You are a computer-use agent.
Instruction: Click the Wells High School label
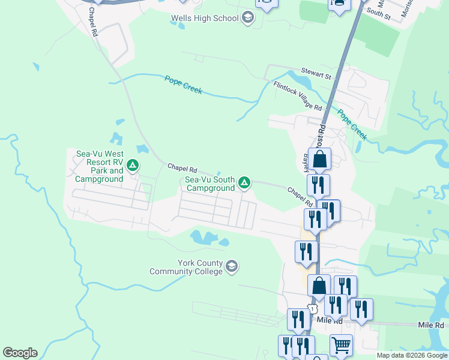click(x=204, y=19)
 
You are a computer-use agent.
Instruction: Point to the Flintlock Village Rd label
click(x=298, y=95)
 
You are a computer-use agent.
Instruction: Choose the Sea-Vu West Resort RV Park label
click(x=100, y=166)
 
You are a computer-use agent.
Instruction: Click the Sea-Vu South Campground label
click(x=209, y=184)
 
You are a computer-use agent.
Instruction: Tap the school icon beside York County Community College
click(x=232, y=265)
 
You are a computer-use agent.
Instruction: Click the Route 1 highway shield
click(x=312, y=308)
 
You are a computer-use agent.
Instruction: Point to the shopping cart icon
click(x=341, y=345)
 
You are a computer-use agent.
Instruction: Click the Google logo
click(x=20, y=353)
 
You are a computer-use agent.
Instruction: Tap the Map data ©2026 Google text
click(x=411, y=355)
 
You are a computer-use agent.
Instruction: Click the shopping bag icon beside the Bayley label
click(x=320, y=160)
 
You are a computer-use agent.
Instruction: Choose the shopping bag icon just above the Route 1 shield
click(x=319, y=286)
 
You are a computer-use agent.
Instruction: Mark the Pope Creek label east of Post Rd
click(x=352, y=124)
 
